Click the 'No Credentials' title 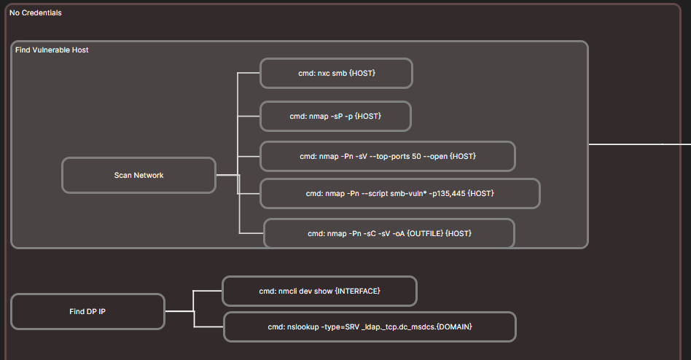[x=35, y=12]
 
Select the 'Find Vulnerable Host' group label [x=52, y=50]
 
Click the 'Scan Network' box [x=138, y=176]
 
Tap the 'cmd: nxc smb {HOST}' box [x=336, y=74]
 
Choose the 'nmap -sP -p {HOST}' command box [x=335, y=117]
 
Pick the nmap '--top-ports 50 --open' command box [x=387, y=157]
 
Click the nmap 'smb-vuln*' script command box [x=399, y=194]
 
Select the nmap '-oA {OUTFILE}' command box [x=389, y=233]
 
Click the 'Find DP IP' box [x=87, y=312]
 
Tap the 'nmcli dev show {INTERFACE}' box [x=319, y=291]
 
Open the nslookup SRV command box [x=370, y=327]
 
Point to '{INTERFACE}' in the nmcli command [x=357, y=291]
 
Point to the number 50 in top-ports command [x=415, y=157]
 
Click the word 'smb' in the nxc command [x=340, y=74]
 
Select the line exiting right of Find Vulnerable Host [x=634, y=144]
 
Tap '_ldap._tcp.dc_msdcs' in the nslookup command [x=395, y=327]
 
